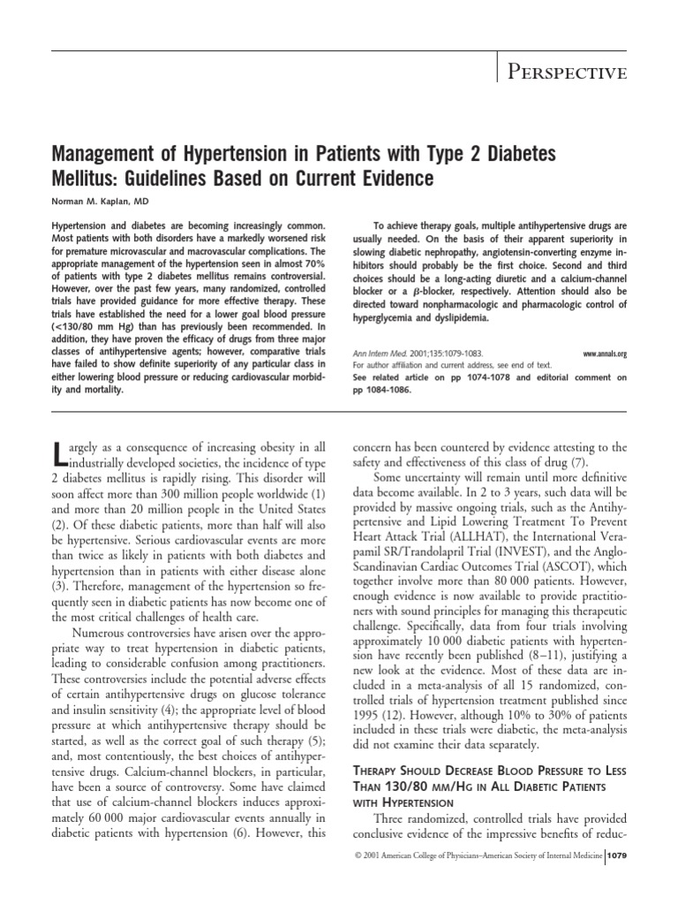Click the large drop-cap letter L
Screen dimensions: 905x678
(59, 452)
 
